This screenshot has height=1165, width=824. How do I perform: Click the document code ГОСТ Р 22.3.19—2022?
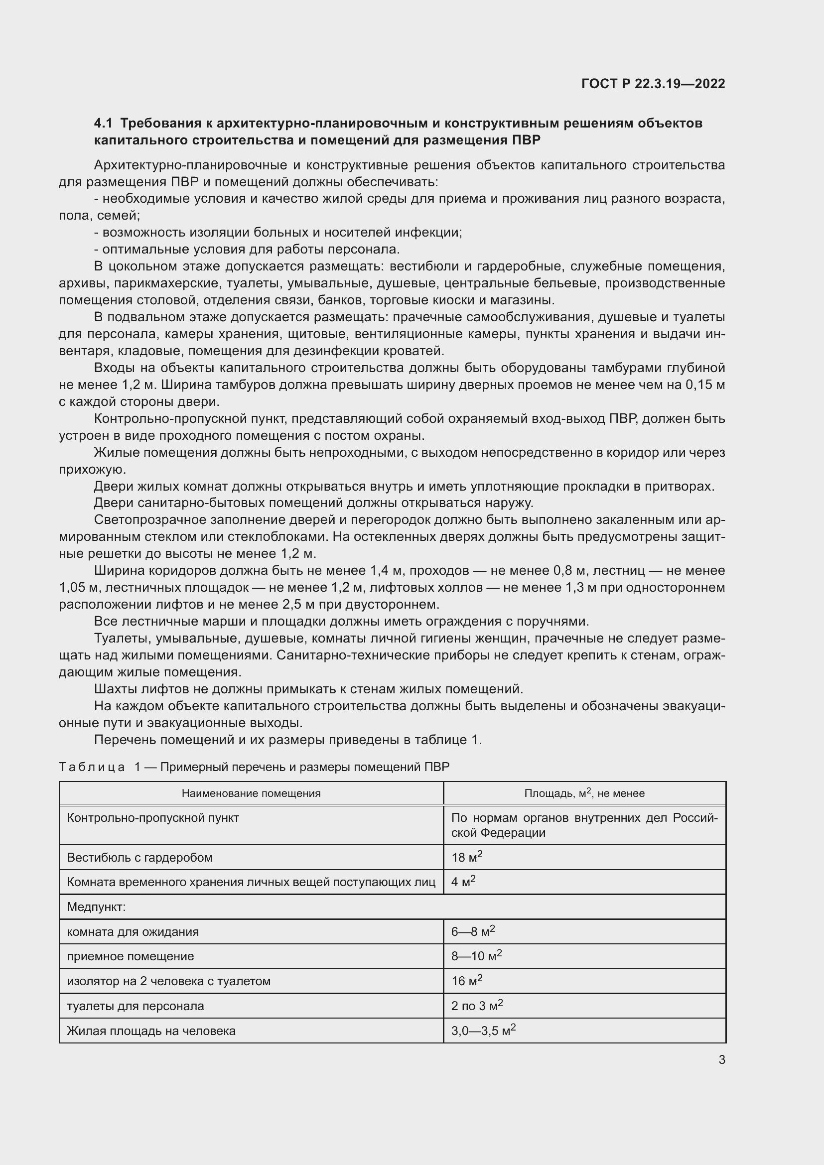(x=653, y=84)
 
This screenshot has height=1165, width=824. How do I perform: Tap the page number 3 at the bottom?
(x=721, y=1059)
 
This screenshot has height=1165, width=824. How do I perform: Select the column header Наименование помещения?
(x=251, y=793)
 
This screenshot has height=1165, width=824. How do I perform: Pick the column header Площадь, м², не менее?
(x=584, y=793)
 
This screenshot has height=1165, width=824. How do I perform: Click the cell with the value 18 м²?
(x=467, y=858)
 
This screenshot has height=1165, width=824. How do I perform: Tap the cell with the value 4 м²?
(x=463, y=882)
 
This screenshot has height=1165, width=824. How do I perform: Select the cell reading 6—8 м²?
(x=473, y=931)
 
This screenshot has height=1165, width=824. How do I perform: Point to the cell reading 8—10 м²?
(x=476, y=956)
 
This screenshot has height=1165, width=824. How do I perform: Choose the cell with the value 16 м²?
(x=467, y=981)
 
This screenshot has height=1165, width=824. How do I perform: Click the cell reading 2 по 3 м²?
(x=477, y=1006)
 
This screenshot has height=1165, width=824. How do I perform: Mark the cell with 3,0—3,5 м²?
(x=484, y=1031)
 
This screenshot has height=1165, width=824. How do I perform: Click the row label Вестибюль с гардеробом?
(x=139, y=858)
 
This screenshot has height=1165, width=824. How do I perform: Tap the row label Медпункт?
(x=97, y=906)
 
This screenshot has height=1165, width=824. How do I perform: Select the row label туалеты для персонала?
(x=136, y=1006)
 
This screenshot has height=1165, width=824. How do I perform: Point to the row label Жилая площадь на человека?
(x=151, y=1031)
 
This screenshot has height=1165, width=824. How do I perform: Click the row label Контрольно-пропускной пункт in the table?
(x=153, y=817)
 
